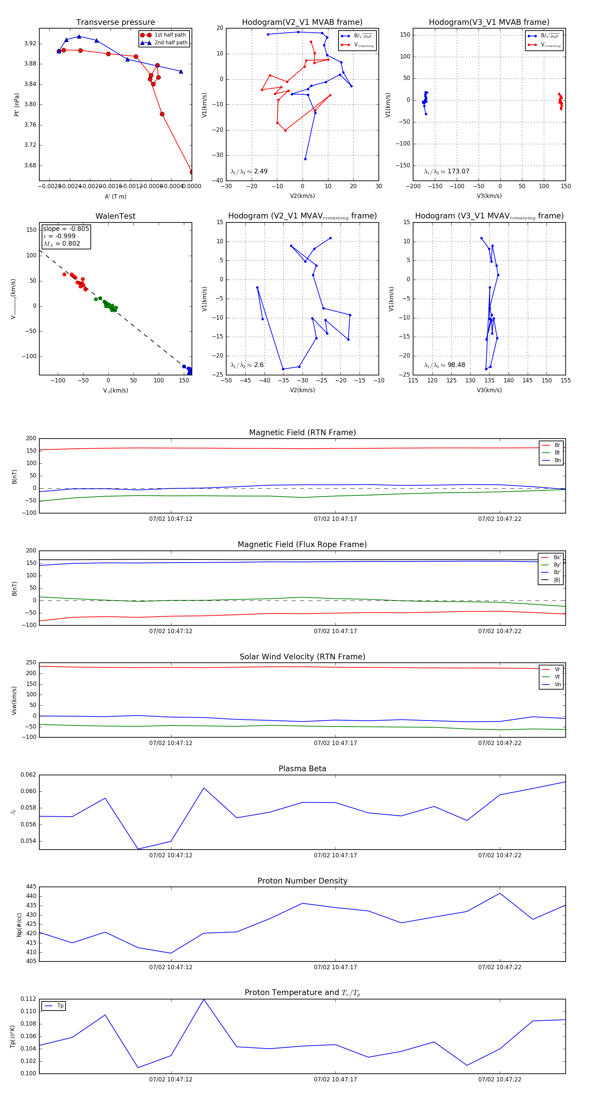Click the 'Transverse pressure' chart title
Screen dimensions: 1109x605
115,23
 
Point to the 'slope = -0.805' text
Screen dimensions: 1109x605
66,229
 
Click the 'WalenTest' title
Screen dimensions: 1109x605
115,216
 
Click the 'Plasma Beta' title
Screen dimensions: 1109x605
302,769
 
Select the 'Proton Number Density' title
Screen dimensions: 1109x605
302,880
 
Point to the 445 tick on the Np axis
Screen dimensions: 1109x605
31,887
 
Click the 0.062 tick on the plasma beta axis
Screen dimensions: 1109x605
29,775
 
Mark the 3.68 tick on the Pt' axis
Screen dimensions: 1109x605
30,165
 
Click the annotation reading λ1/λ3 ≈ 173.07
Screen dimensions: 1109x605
447,171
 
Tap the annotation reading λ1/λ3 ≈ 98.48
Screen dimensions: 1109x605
444,365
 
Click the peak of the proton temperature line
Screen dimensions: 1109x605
204,999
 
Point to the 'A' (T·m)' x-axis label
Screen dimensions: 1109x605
115,196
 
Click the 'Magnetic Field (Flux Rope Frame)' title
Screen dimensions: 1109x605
302,545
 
